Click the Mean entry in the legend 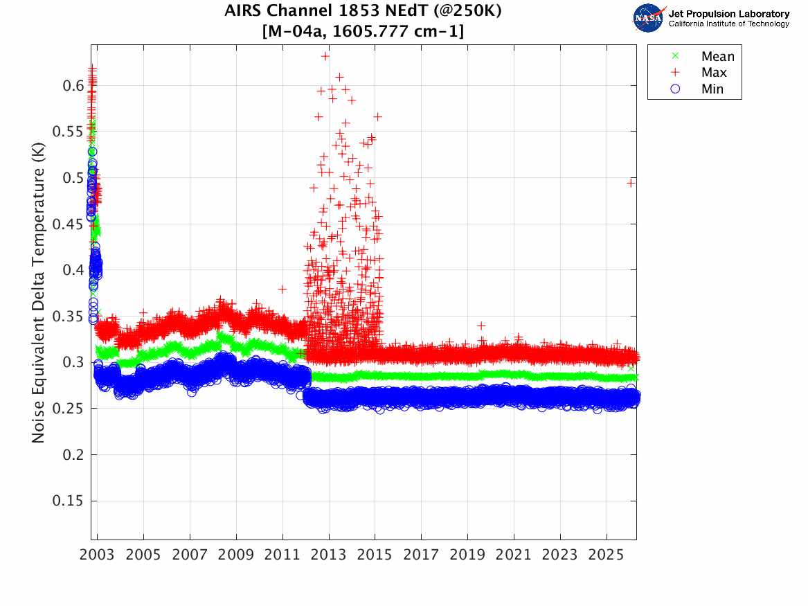coord(717,57)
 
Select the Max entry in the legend coord(714,73)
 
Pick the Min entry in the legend coord(712,89)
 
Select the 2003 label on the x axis coord(98,555)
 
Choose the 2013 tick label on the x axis coord(329,555)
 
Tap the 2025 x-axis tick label coord(607,555)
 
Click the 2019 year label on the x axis coord(467,555)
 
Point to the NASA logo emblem coord(648,18)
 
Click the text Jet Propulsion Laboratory coord(728,14)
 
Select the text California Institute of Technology coord(728,24)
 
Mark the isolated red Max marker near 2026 coord(631,183)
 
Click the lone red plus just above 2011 coord(282,289)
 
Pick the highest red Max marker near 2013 coord(325,56)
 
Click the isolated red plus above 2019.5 coord(481,326)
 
